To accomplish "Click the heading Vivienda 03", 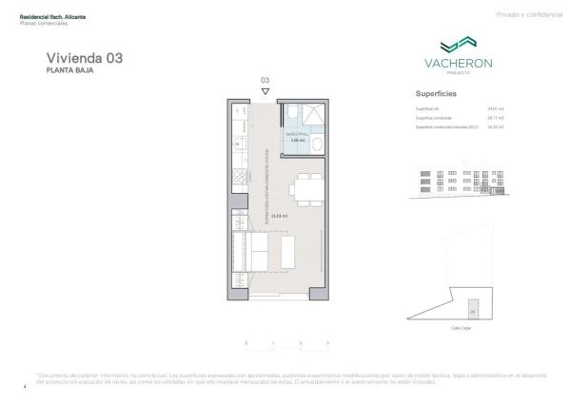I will [77, 58].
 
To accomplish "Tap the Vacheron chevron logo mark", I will [456, 45].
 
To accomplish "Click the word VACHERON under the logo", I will [456, 64].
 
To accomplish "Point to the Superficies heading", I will [437, 94].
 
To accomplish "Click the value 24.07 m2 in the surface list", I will [494, 108].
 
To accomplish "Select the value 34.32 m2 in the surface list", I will [495, 126].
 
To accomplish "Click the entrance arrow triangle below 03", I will [266, 91].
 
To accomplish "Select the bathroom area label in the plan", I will [296, 138].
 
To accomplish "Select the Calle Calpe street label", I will [461, 326].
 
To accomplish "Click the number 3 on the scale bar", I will [328, 341].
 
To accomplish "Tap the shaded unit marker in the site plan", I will [472, 311].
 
